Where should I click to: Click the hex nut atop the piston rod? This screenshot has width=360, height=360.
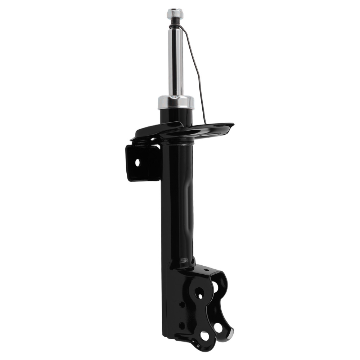pyautogui.click(x=175, y=13)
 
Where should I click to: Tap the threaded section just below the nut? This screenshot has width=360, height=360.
pyautogui.click(x=175, y=22)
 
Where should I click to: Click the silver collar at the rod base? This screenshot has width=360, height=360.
pyautogui.click(x=176, y=102)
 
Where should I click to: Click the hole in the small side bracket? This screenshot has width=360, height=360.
pyautogui.click(x=137, y=163)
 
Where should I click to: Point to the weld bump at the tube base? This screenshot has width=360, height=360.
pyautogui.click(x=184, y=260)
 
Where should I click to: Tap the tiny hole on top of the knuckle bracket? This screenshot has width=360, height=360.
pyautogui.click(x=206, y=270)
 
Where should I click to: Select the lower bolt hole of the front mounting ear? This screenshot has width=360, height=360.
pyautogui.click(x=205, y=336)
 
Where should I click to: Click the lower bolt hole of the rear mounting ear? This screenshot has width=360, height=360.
pyautogui.click(x=219, y=327)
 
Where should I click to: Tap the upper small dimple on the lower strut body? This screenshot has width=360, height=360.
pyautogui.click(x=181, y=305)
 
